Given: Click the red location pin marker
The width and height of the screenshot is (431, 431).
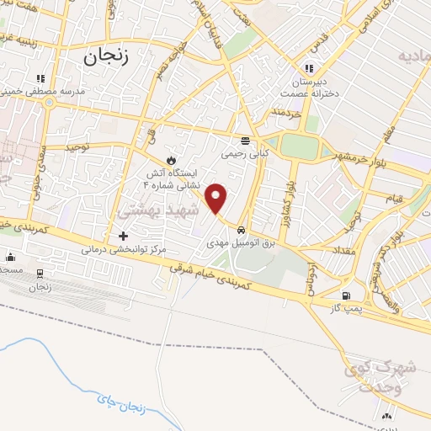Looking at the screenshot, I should (x=216, y=198).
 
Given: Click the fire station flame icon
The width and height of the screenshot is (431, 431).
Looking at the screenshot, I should (x=171, y=160).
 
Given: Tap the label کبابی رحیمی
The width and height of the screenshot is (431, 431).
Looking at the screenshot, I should (x=244, y=154).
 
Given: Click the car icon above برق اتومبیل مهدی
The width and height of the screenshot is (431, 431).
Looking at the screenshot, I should (x=242, y=229).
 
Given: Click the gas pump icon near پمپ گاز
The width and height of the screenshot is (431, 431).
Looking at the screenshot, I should (x=345, y=295).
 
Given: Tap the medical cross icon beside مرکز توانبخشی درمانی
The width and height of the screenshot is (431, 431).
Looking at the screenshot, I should (x=124, y=236).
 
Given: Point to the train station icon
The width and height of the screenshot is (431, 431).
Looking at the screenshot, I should (x=39, y=274).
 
